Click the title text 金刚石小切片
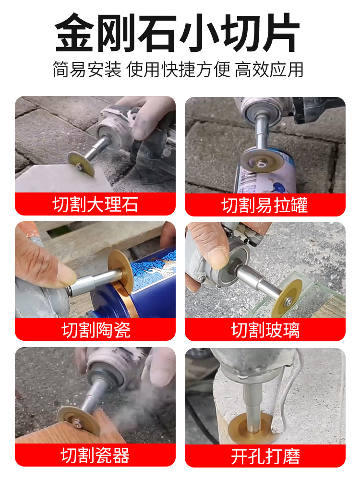coord(177,33)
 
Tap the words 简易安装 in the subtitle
coord(87,70)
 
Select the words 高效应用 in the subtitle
coord(269,70)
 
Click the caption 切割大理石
coord(95,204)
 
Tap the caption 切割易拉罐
coord(265,205)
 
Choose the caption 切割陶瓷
coord(96,330)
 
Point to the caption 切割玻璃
coord(265,330)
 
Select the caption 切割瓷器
coord(95,455)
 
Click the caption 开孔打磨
coord(265,456)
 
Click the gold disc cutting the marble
coord(81,164)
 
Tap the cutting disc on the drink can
coord(262,160)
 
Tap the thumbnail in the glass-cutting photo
coord(217,258)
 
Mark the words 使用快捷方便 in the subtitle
coord(178,70)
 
